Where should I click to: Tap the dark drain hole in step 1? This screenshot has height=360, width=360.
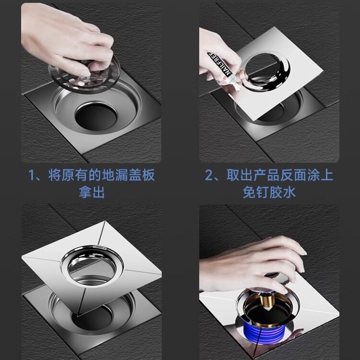point(96,117)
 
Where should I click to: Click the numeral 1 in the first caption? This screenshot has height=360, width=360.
point(32,175)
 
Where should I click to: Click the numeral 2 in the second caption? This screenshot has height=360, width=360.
point(209,175)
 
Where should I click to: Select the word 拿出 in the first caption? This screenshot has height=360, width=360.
point(92,192)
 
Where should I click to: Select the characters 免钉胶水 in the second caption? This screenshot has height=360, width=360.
point(269,192)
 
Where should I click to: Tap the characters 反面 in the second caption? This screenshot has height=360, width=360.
point(293,175)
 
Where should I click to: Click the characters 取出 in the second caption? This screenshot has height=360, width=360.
point(240,175)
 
